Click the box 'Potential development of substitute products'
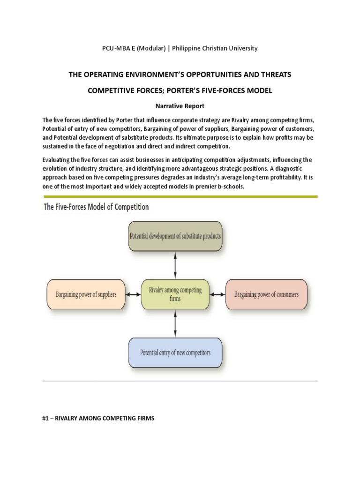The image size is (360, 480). click(175, 235)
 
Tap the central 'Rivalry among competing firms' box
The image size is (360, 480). click(175, 294)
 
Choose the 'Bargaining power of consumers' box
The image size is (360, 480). click(266, 294)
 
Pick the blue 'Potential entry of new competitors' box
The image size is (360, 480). click(175, 352)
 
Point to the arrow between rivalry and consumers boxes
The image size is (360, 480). click(217, 294)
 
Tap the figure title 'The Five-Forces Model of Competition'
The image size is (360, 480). click(96, 207)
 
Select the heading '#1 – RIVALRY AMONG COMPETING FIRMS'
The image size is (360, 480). click(98, 418)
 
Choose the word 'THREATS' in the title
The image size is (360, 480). click(273, 75)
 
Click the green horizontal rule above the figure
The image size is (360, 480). click(180, 196)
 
